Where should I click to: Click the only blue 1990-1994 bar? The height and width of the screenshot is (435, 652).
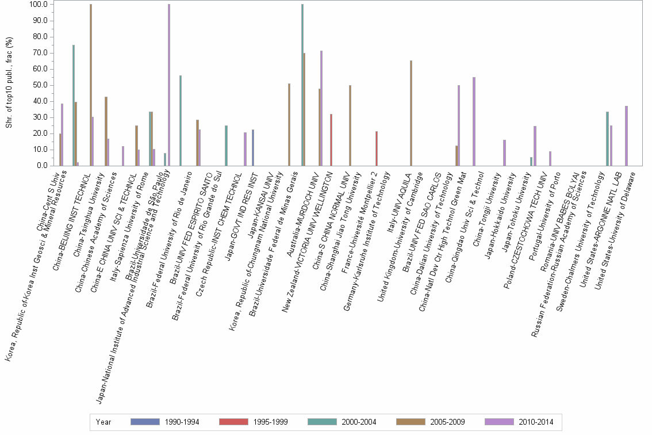click(x=252, y=148)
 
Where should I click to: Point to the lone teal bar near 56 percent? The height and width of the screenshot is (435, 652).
click(x=181, y=121)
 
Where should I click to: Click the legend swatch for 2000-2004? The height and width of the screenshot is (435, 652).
click(x=323, y=422)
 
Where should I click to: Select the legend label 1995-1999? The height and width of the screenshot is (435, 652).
click(x=269, y=422)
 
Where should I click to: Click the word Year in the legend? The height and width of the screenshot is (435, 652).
click(x=103, y=422)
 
